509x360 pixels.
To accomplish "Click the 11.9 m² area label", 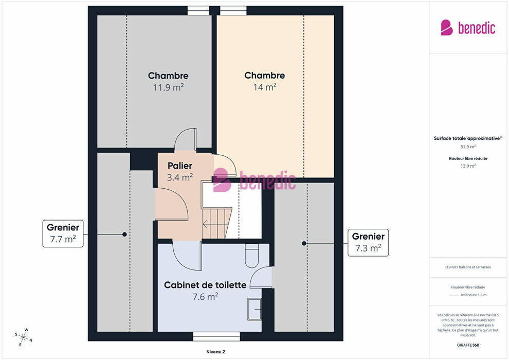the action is pos(169,87).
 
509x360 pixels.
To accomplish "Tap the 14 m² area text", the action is pos(265,87).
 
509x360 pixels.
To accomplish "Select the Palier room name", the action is pos(180,166).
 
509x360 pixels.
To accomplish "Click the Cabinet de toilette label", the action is pos(205,285).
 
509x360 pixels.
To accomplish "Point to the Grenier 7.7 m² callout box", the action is pos(63,233).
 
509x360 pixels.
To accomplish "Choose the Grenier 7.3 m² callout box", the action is pos(368,243).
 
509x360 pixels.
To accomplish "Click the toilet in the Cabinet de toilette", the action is pos(251,256).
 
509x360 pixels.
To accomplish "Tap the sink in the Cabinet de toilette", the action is pos(254,309).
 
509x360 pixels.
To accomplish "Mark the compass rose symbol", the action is pos(23,337).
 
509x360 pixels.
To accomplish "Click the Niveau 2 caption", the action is pos(215,352).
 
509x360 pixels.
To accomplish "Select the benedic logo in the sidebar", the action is pos(468,28).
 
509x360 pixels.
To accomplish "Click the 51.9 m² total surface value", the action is pos(468,147).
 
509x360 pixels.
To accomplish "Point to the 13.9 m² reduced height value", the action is pos(468,166).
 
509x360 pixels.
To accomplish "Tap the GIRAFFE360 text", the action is pos(468,345).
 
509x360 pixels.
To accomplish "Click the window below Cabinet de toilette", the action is pos(216,336).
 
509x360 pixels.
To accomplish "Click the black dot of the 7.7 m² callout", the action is pos(124,234).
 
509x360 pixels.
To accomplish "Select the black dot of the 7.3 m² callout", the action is pos(304,243).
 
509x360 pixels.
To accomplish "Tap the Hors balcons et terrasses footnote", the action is pos(468,267).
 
